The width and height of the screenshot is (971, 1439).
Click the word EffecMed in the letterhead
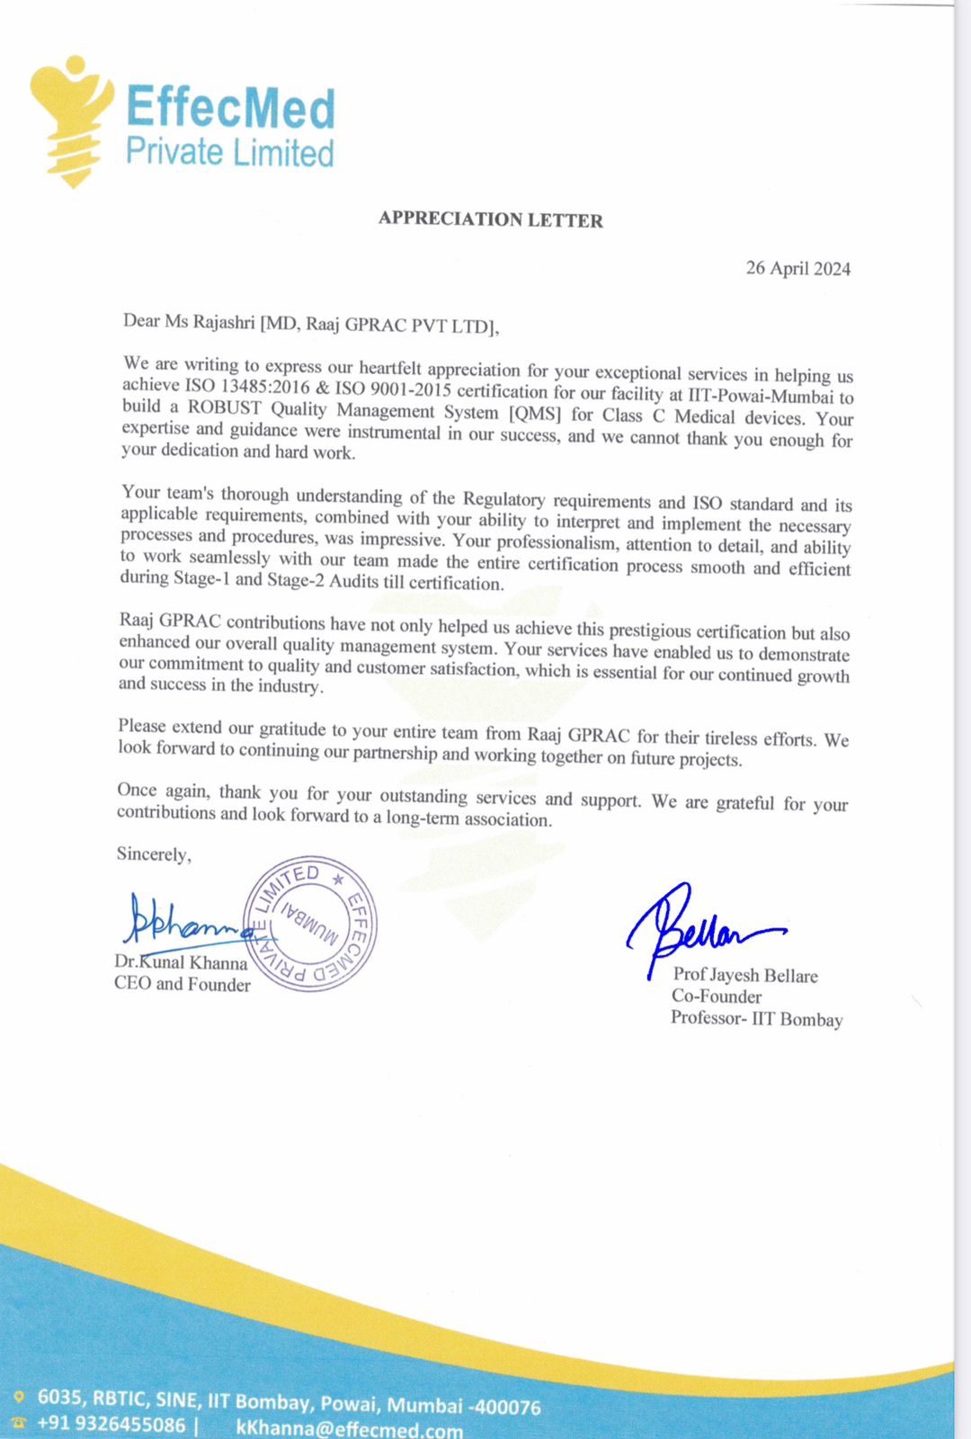pos(230,109)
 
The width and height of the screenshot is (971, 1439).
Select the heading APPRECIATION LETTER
pos(490,219)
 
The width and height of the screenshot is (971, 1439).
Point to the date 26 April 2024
pos(797,268)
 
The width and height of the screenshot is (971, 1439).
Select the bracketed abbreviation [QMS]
pos(535,414)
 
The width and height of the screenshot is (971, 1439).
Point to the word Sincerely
pos(154,854)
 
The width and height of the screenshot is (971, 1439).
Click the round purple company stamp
pos(310,924)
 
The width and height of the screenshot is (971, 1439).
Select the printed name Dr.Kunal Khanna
pos(181,962)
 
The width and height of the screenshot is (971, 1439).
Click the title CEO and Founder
pos(183,984)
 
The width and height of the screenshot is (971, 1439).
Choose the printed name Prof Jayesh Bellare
pos(745,975)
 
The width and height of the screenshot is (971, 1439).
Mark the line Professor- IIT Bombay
pos(756,1019)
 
